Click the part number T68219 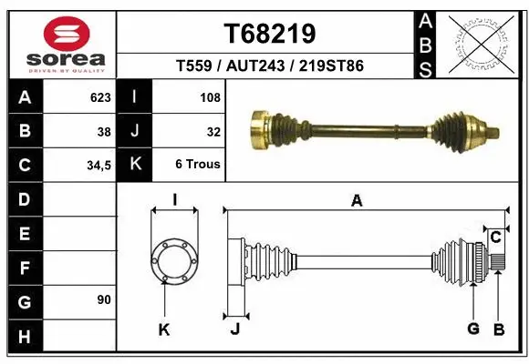269,34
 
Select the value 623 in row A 99,96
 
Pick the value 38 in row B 103,131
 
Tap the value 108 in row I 209,96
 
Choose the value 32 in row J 213,131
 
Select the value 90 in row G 103,299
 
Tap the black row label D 24,199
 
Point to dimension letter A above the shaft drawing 357,201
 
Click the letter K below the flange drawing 164,329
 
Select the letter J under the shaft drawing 234,329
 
